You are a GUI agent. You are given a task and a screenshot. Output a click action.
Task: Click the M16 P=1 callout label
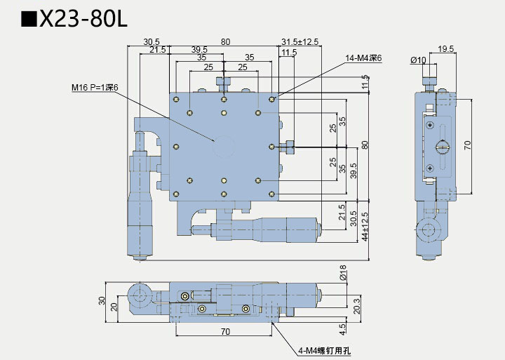pos(95,88)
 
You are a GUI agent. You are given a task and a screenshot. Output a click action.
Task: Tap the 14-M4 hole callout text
pos(363,58)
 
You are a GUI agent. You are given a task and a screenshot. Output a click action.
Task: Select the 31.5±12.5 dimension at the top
pos(299,42)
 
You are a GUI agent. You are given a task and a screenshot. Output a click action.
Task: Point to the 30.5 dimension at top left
pos(151,42)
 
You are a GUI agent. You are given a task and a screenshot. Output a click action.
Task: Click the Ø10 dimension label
pos(418,60)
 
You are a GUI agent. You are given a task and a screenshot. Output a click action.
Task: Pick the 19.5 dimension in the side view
pos(445,49)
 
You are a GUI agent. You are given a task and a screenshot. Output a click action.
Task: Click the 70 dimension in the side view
pos(468,145)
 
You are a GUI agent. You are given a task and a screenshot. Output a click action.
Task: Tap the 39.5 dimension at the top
pos(199,50)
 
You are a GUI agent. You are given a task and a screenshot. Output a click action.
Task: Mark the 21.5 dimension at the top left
pos(157,50)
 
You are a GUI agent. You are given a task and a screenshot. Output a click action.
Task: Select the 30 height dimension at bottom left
pos(102,301)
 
